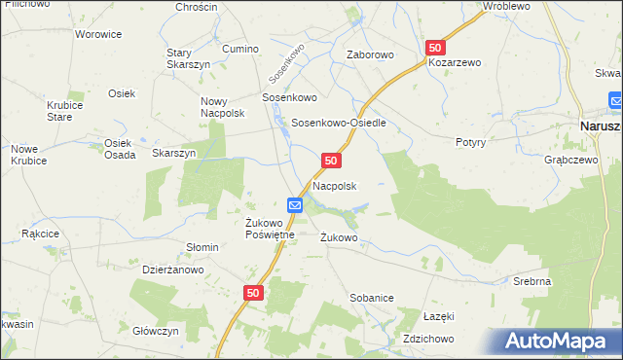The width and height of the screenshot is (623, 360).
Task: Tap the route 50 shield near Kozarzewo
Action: click(435, 47)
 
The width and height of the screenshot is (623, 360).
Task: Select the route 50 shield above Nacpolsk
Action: click(332, 160)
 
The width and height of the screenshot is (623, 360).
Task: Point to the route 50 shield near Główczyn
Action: click(253, 292)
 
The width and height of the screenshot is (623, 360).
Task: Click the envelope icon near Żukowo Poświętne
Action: click(296, 205)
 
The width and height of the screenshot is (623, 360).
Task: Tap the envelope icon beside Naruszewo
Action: click(616, 100)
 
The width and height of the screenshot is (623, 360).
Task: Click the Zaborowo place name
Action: click(370, 55)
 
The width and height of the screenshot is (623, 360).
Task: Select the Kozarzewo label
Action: click(456, 62)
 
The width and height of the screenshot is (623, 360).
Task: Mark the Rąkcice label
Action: click(40, 234)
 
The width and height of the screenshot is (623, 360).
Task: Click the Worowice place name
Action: click(98, 34)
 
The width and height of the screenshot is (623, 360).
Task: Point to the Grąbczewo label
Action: click(569, 158)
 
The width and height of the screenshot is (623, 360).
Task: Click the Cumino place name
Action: click(240, 49)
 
